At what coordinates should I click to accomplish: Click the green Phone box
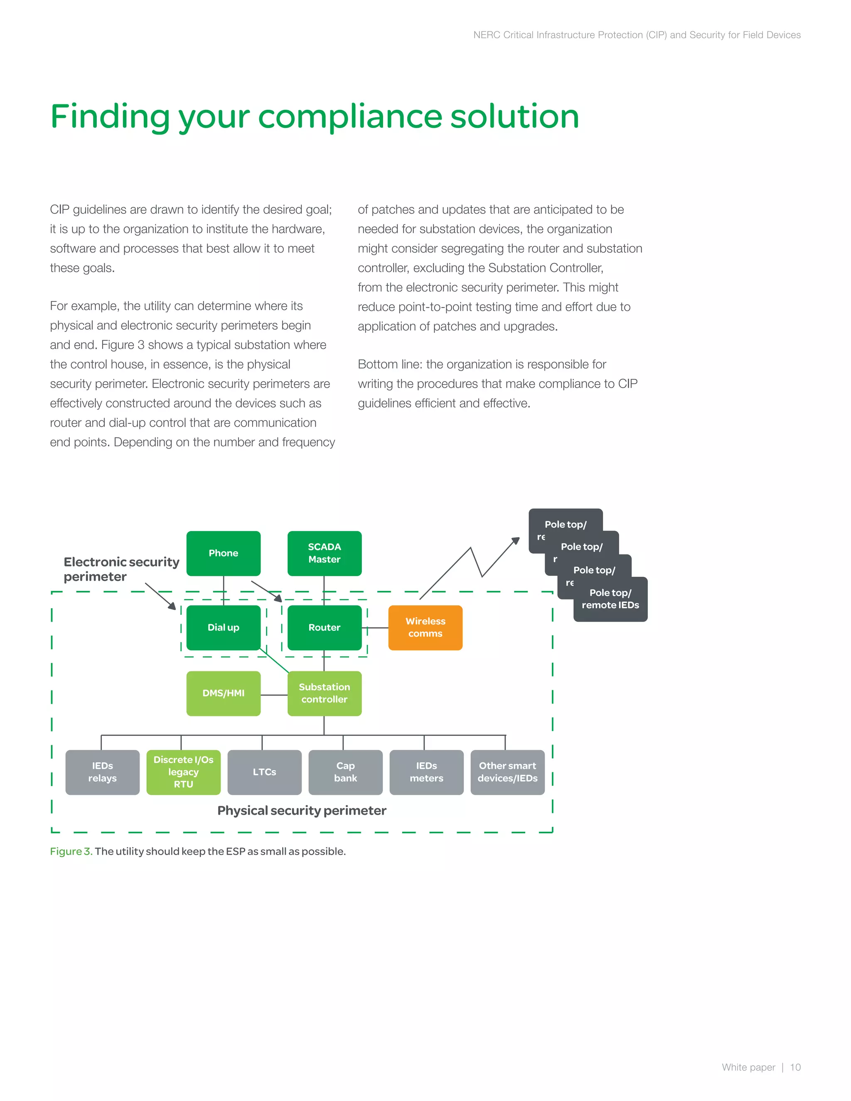[x=223, y=553]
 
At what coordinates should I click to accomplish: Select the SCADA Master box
[x=324, y=553]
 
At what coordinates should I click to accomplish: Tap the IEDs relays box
[x=102, y=772]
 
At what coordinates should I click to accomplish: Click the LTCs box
[x=264, y=772]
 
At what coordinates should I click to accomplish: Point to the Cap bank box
[x=345, y=772]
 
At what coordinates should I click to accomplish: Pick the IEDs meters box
[x=426, y=772]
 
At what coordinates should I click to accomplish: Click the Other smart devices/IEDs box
[x=507, y=772]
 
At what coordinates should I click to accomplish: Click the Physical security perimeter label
[x=302, y=811]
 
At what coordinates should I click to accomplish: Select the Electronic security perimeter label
[x=121, y=569]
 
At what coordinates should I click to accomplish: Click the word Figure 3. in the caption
[x=71, y=851]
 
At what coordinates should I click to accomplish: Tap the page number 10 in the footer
[x=795, y=1067]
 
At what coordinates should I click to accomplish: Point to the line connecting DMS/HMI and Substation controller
[x=274, y=695]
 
